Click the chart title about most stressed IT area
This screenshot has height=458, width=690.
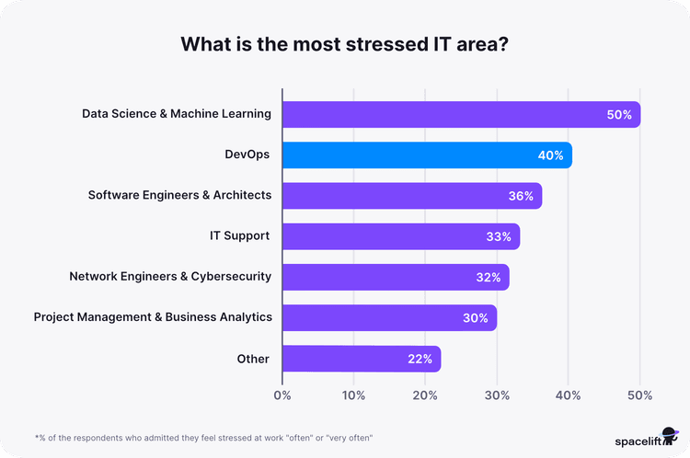[x=345, y=45]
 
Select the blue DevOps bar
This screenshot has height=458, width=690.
[x=427, y=155]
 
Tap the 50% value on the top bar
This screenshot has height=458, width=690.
[x=618, y=115]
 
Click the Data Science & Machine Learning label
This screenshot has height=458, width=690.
[x=176, y=114]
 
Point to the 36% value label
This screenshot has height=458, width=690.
[x=521, y=196]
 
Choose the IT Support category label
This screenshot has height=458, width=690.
[x=239, y=235]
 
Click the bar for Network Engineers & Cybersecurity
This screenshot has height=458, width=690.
[x=396, y=277]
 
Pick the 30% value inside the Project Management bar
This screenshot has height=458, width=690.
[x=475, y=317]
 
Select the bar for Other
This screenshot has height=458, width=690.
[x=361, y=359]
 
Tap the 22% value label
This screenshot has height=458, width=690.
[x=420, y=359]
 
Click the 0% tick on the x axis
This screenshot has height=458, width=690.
[x=282, y=395]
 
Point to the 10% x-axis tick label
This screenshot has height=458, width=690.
[x=353, y=395]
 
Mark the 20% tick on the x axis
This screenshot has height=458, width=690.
[x=425, y=395]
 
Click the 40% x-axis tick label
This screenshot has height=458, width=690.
[x=568, y=395]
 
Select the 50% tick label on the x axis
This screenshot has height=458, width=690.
[x=639, y=395]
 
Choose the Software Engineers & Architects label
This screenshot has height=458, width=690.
[x=179, y=195]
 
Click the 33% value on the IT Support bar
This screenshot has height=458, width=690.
[x=499, y=236]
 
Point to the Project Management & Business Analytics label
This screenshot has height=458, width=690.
[x=153, y=316]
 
